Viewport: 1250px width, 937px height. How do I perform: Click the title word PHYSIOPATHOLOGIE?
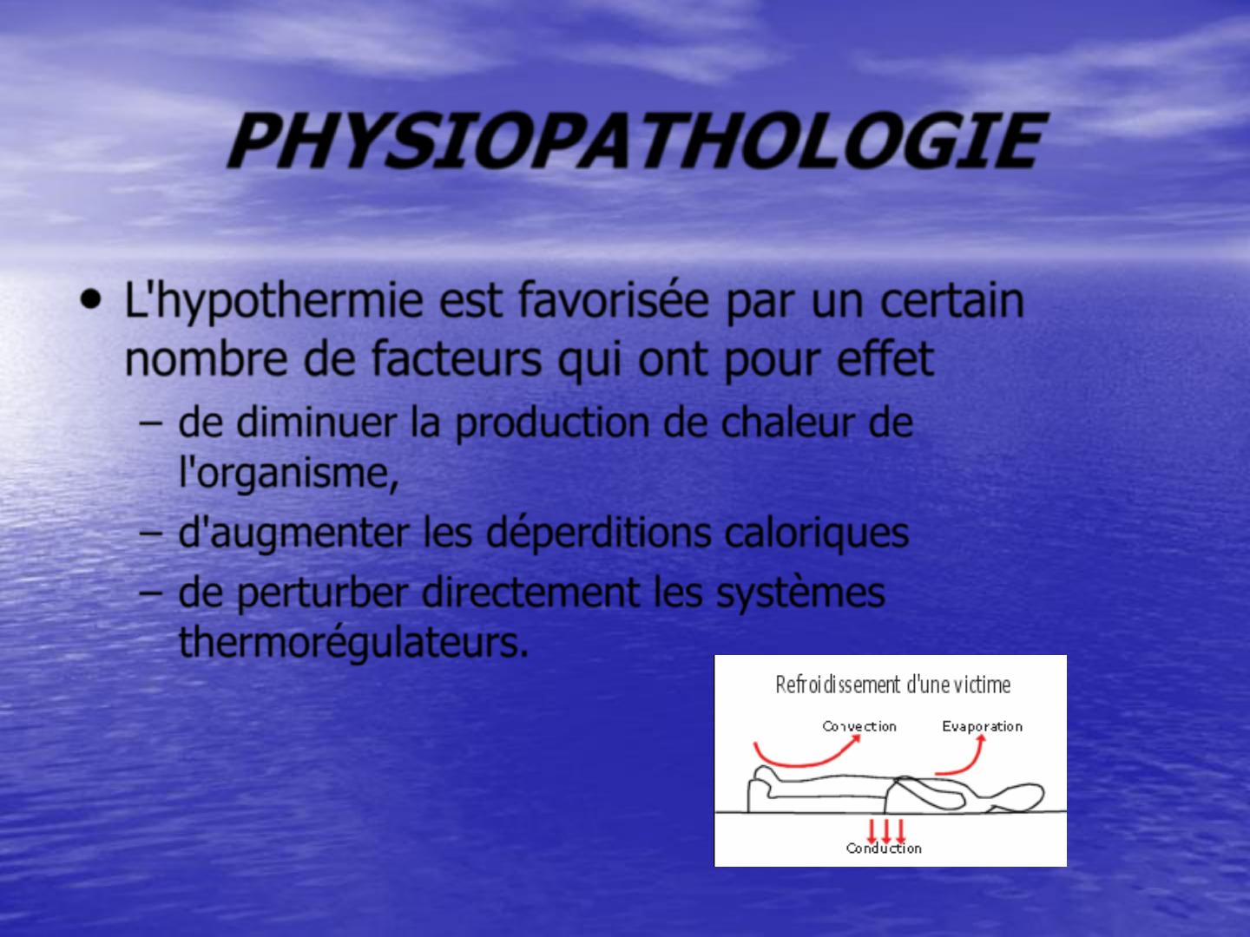(x=636, y=141)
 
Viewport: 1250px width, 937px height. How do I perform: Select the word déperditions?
(x=598, y=534)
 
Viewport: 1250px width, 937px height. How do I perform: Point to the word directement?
(x=530, y=592)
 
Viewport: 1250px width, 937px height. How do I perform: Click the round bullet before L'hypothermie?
(x=91, y=299)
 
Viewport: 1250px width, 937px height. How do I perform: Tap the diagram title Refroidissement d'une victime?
(x=892, y=685)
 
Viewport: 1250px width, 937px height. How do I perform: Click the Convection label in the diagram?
(x=859, y=726)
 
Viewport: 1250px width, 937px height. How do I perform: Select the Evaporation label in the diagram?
(x=983, y=726)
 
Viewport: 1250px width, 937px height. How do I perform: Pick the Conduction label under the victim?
(x=884, y=849)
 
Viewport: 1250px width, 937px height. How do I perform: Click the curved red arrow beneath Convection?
(x=803, y=763)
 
